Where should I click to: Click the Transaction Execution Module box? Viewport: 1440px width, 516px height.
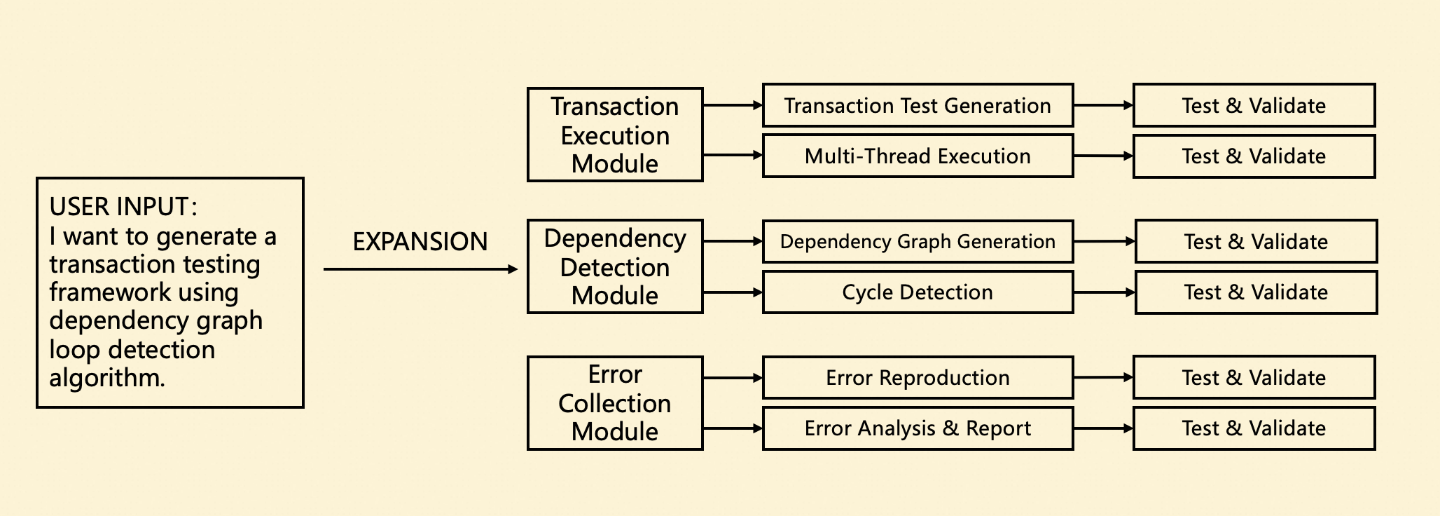pos(614,135)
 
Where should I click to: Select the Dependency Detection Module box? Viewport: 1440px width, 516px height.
pos(614,266)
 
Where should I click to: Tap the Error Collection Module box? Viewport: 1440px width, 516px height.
pos(614,402)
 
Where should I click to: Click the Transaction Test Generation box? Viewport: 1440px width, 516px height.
pos(918,105)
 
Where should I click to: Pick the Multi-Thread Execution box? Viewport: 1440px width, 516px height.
pos(918,156)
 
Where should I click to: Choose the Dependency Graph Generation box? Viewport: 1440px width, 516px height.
pos(918,241)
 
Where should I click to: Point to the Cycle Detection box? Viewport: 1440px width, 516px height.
pos(918,292)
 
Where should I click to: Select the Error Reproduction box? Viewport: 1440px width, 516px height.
pos(918,377)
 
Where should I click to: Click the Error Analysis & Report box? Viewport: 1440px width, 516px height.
pos(918,428)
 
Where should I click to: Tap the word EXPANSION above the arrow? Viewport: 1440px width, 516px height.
pos(420,242)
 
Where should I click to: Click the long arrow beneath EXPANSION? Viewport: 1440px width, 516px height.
pos(420,269)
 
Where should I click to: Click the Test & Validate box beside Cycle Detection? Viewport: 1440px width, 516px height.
pos(1256,292)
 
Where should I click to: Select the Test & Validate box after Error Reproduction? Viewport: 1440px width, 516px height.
pos(1254,377)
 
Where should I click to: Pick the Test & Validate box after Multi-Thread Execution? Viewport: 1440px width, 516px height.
pos(1254,156)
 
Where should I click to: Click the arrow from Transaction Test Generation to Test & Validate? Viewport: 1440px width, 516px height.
pos(1103,105)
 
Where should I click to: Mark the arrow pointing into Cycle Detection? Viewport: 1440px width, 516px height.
pos(733,292)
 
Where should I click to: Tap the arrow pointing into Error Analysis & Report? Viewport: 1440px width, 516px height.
pos(733,428)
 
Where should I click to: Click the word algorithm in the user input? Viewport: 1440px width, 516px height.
pos(105,378)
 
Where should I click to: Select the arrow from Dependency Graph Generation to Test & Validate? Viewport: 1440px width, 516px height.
pos(1104,241)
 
